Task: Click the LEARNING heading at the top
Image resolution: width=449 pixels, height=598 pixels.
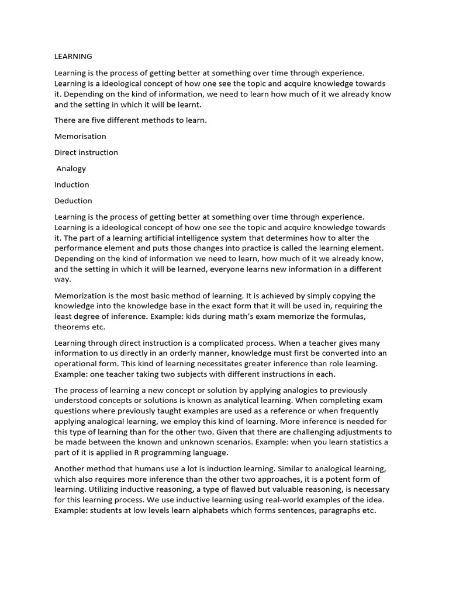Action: (73, 57)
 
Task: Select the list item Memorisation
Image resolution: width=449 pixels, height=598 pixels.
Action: (80, 136)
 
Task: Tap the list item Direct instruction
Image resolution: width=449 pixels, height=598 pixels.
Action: (86, 152)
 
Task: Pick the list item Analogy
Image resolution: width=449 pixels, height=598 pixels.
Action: (71, 169)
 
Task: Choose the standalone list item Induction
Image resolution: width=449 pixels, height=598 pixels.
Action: (71, 185)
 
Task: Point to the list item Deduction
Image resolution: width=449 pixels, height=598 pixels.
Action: (73, 201)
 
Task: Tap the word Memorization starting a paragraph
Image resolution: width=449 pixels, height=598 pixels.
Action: (81, 295)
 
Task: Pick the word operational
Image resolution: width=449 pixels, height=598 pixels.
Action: (81, 363)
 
